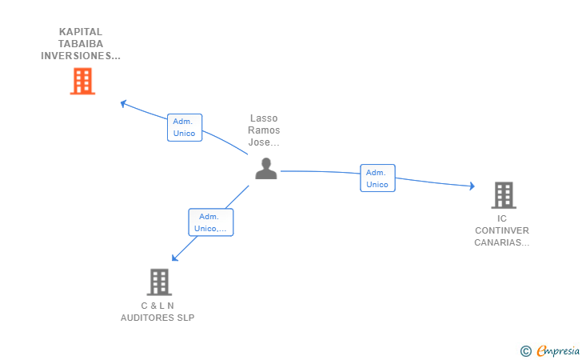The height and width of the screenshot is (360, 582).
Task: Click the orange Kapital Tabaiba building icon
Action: coord(82,81)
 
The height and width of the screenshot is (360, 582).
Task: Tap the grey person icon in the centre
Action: coord(265,168)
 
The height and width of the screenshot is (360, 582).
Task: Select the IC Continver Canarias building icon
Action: coord(503,194)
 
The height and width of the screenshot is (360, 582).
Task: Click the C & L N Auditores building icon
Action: coord(159,282)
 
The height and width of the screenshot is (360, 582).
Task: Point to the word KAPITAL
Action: coord(81,32)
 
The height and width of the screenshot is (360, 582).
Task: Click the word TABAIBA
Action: coord(81,44)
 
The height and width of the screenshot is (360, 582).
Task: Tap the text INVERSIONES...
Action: coord(81,56)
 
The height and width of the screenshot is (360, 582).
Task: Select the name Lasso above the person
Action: coord(264,118)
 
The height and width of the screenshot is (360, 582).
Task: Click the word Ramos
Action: coord(264,130)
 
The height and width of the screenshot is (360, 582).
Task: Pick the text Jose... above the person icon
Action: coord(264,142)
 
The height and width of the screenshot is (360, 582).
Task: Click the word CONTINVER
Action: coord(502,230)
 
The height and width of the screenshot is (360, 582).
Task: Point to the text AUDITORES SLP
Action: coord(157,318)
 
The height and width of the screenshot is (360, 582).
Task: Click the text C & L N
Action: coord(157,306)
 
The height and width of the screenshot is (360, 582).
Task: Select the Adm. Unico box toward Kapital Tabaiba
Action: coord(184,127)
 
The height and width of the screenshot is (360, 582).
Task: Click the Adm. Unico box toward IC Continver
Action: coord(377,178)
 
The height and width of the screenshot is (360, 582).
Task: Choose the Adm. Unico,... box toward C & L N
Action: coord(210,222)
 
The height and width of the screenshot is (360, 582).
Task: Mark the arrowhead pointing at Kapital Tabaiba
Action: coord(123,102)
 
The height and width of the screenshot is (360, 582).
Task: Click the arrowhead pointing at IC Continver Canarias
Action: coord(472,186)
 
